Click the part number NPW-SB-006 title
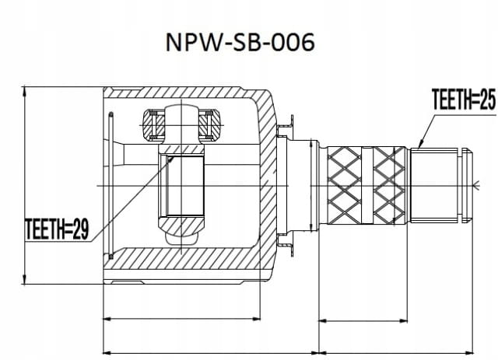pos(240,42)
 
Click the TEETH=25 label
pos(464,100)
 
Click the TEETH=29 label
pos(57,229)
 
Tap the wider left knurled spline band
pos(344,185)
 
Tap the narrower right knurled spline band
pos(389,185)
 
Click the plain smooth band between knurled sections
pos(367,185)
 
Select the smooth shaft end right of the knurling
pos(440,185)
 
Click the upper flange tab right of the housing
pos(286,125)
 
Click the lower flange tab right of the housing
pos(286,245)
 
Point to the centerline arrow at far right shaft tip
pos(476,184)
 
